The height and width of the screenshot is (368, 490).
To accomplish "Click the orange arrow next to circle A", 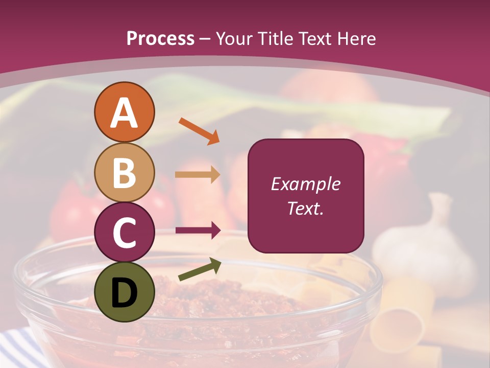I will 199,131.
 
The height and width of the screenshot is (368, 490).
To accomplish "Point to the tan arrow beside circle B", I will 197,175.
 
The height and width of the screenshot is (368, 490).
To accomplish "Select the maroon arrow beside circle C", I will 198,231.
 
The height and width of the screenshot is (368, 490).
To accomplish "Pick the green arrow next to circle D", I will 200,269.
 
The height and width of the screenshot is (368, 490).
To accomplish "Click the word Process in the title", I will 160,38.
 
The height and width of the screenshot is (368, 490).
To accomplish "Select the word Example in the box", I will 306,184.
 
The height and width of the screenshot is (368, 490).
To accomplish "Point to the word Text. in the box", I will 306,208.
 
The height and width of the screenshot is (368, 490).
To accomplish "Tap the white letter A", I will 125,113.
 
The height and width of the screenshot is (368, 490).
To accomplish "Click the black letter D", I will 125,292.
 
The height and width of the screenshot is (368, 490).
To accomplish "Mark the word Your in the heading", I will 234,38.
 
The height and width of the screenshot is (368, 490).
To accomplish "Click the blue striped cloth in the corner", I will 15,348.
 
